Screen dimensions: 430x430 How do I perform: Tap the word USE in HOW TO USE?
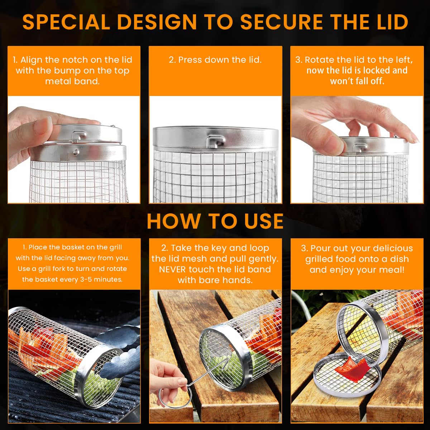point(264,221)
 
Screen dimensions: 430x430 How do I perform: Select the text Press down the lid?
point(215,60)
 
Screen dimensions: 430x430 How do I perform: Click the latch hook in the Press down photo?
point(215,140)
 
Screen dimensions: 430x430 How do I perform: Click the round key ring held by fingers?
point(175,398)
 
